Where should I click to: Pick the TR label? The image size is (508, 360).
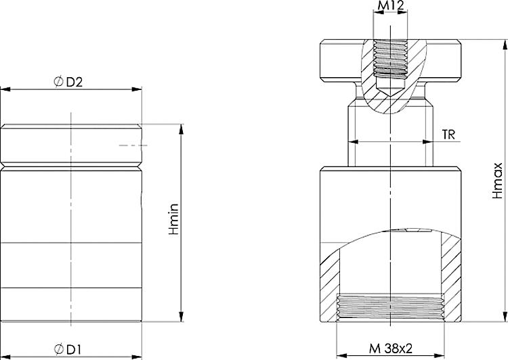[448, 134]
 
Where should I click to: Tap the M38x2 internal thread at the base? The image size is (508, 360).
[390, 308]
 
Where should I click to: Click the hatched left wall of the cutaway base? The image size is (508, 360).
[329, 284]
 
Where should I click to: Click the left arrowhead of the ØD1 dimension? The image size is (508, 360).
[5, 356]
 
